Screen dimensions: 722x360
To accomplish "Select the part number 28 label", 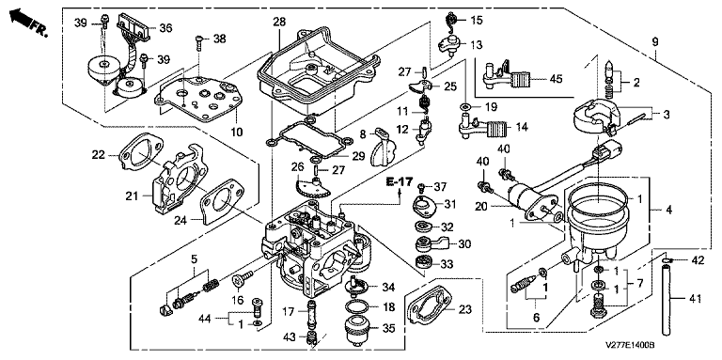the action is pyautogui.click(x=279, y=22).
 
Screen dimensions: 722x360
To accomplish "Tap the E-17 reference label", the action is pyautogui.click(x=400, y=181).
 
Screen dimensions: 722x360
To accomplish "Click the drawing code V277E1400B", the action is pyautogui.click(x=631, y=344).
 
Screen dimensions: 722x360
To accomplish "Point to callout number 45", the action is pyautogui.click(x=556, y=79).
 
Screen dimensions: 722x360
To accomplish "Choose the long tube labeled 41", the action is pyautogui.click(x=666, y=299).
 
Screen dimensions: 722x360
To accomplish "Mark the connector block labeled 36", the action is pyautogui.click(x=135, y=25).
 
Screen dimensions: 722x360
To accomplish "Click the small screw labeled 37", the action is pyautogui.click(x=420, y=187).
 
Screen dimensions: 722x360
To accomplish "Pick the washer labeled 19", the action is pyautogui.click(x=465, y=107).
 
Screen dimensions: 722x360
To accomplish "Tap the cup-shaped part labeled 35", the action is pyautogui.click(x=357, y=329).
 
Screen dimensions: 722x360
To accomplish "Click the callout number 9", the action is pyautogui.click(x=655, y=42).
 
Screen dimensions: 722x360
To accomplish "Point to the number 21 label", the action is pyautogui.click(x=132, y=196).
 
